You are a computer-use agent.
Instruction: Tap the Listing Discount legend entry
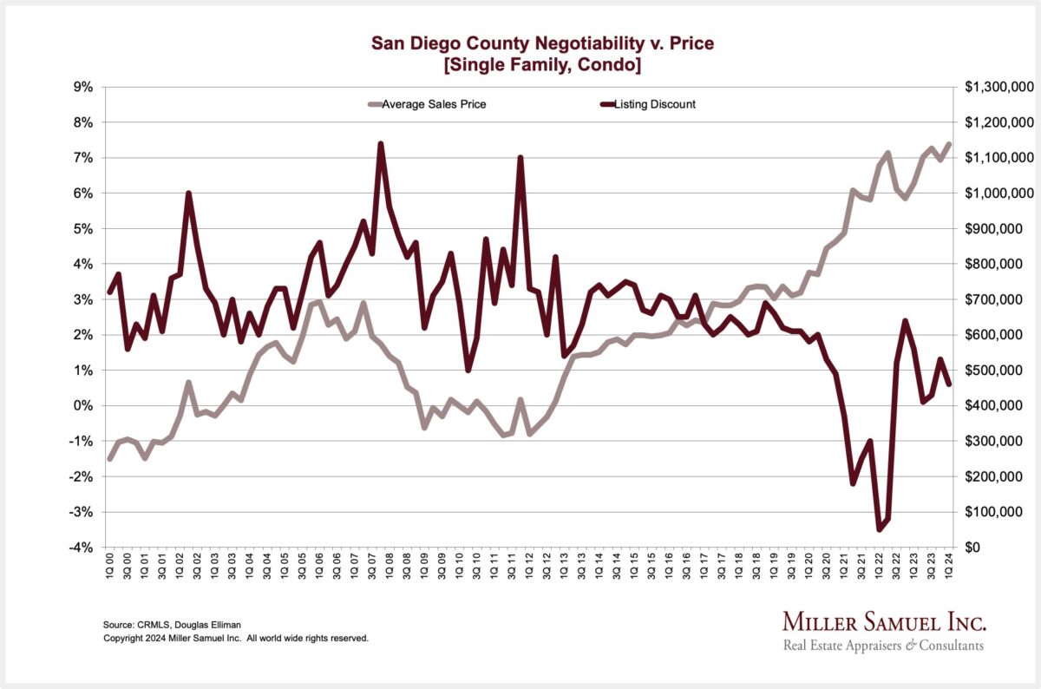pos(654,105)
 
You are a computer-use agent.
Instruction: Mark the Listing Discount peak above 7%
pos(381,144)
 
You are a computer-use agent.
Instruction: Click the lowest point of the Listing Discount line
pos(879,529)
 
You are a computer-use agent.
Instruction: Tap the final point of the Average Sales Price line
pos(949,144)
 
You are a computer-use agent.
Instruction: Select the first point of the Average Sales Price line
pos(109,458)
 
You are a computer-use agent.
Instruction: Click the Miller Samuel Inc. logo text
pos(884,621)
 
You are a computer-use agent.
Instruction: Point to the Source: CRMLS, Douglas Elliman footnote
pos(171,625)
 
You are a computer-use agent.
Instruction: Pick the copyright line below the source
pos(236,638)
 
